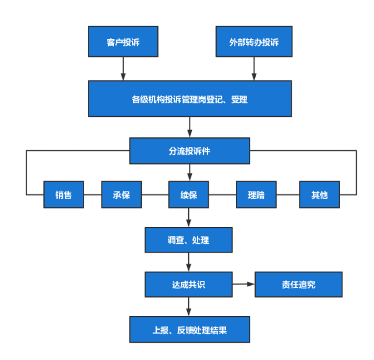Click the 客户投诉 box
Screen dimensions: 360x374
point(123,42)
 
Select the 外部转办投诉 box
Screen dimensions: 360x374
point(254,42)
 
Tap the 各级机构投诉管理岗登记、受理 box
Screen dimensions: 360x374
point(189,98)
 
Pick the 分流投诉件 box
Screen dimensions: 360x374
point(189,150)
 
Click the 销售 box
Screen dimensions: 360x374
point(64,195)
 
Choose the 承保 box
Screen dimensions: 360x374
point(122,195)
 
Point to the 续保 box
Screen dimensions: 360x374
point(189,195)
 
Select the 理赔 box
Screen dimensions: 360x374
point(256,195)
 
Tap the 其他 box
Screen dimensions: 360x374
point(320,195)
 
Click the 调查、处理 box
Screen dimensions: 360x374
point(189,240)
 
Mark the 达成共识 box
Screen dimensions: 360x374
point(189,285)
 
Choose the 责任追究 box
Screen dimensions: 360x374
point(298,285)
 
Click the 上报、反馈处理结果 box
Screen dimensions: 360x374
point(189,330)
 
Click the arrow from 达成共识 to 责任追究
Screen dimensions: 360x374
point(244,285)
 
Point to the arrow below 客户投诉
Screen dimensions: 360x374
point(123,69)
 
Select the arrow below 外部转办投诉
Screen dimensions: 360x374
point(254,69)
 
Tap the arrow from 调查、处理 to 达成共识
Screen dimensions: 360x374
point(189,262)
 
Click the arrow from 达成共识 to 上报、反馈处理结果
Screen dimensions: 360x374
point(189,307)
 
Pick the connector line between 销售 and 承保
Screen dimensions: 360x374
point(93,195)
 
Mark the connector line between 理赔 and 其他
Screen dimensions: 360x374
point(288,195)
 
